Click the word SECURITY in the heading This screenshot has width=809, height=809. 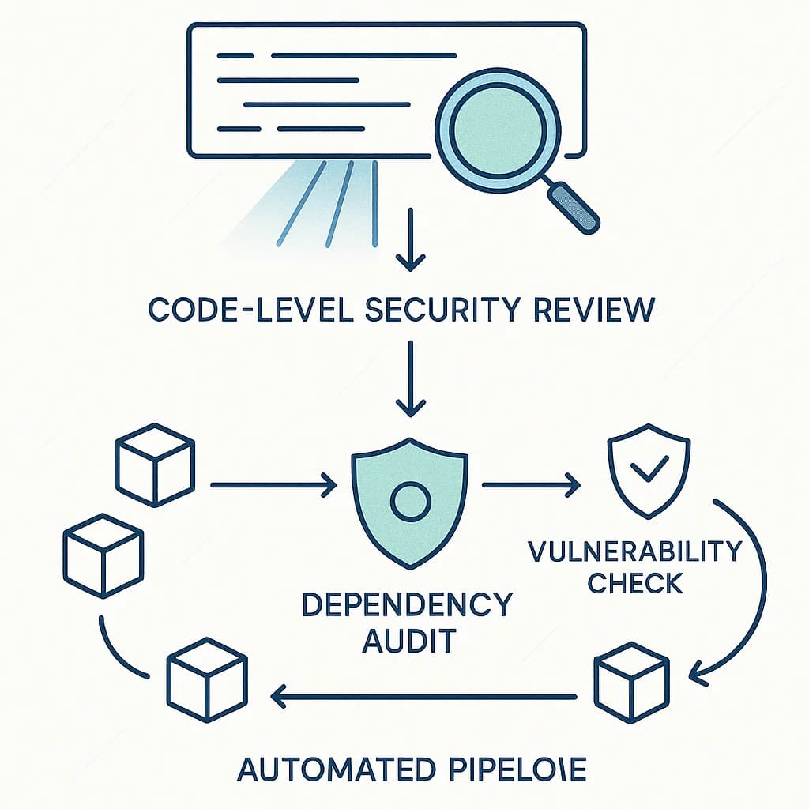click(x=431, y=309)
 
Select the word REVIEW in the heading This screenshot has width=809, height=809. click(x=593, y=309)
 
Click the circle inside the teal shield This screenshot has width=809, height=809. click(x=410, y=501)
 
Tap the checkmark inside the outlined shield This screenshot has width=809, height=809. click(x=647, y=472)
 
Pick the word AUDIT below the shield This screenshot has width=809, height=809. click(x=408, y=640)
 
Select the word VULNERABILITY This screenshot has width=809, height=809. click(x=635, y=551)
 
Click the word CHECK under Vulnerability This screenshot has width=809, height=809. click(x=635, y=584)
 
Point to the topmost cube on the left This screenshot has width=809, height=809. click(x=155, y=468)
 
